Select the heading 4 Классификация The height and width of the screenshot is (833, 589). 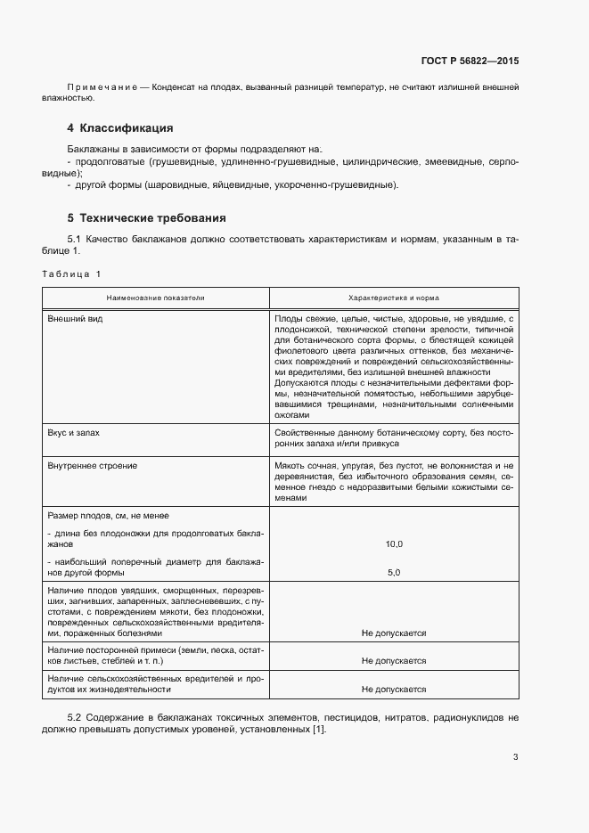coord(119,128)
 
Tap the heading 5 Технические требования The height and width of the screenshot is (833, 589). coord(146,217)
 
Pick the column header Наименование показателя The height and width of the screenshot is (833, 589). coord(156,298)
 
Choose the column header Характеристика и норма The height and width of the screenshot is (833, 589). coord(393,298)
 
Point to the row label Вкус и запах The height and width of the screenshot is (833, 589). coord(74,432)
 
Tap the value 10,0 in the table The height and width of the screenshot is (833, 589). coord(393,543)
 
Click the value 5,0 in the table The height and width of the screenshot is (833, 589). coord(393,572)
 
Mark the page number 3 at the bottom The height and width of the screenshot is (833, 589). coord(515,758)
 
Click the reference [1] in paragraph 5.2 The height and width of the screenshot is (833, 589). coord(317,731)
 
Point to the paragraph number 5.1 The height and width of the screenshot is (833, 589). coord(75,239)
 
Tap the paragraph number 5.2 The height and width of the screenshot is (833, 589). coord(75,717)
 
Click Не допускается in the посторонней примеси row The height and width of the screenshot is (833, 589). coord(393,661)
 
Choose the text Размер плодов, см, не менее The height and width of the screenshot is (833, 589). coord(106,516)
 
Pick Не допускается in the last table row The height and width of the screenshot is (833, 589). coord(393,690)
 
